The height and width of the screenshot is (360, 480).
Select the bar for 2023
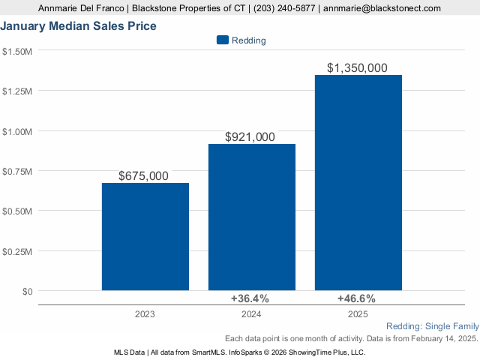click(145, 236)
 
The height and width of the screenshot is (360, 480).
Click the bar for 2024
click(252, 217)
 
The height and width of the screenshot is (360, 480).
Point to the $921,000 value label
click(250, 137)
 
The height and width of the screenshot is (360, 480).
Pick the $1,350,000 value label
click(357, 67)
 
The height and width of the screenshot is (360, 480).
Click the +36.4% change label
click(250, 298)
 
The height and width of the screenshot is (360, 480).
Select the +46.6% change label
click(356, 298)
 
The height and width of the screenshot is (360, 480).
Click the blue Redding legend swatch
click(222, 40)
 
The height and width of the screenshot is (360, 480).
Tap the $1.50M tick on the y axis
click(17, 51)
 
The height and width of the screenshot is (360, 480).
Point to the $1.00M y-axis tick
click(17, 131)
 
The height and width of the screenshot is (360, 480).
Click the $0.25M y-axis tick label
click(17, 251)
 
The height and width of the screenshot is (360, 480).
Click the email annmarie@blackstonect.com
click(382, 9)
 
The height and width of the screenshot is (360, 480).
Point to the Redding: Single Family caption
click(432, 326)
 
